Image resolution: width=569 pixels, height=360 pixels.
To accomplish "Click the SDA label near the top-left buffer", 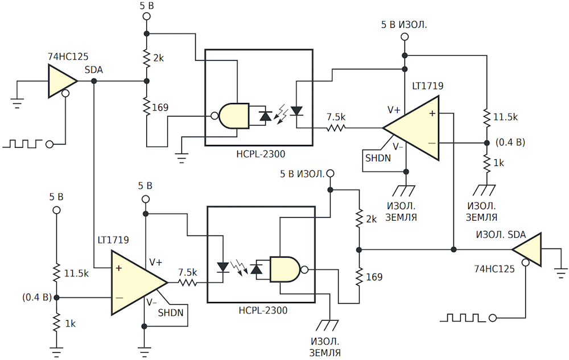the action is (x=94, y=69).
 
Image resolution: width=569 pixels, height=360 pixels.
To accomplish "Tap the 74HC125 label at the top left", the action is (x=68, y=56).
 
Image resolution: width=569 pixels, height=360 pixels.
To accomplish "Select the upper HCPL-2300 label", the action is (x=261, y=154).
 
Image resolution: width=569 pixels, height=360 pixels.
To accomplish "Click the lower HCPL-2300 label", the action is (x=263, y=311).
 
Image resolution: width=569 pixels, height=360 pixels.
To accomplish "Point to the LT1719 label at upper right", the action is (x=427, y=86).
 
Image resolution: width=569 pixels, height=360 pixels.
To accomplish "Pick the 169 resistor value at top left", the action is (x=160, y=107).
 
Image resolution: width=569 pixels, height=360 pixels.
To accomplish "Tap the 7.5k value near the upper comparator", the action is (x=336, y=117).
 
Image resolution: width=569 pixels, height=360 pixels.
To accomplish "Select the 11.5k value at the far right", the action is (x=505, y=117).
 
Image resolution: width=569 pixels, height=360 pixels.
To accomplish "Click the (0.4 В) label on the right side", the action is (x=510, y=143).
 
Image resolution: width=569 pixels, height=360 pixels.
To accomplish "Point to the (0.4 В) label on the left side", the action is (x=37, y=297).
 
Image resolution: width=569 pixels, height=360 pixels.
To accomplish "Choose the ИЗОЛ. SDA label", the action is (x=501, y=235).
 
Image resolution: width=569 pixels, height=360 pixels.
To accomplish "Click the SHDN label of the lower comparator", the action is (x=171, y=313).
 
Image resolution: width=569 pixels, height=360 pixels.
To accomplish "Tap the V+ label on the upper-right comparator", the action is (x=394, y=110).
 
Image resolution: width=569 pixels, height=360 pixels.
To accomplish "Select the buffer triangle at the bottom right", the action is (x=526, y=250).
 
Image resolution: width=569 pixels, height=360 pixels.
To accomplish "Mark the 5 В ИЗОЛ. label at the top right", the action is (x=404, y=24).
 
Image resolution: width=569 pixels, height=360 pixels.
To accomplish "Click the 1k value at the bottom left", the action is (x=71, y=324).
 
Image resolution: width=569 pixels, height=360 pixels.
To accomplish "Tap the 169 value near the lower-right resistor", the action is (x=374, y=277).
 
